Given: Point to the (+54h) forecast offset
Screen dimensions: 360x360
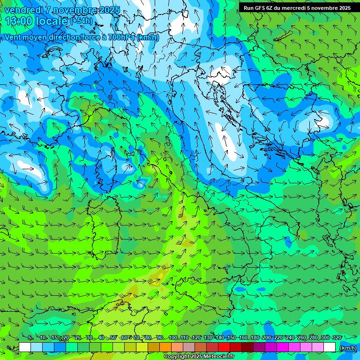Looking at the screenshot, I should pyautogui.click(x=81, y=21).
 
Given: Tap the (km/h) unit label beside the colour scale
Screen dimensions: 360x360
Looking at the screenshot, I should pyautogui.click(x=347, y=348).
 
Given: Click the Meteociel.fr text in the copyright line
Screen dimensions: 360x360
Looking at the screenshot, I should pyautogui.click(x=217, y=357).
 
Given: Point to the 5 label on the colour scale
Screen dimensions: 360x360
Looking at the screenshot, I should pyautogui.click(x=30, y=338).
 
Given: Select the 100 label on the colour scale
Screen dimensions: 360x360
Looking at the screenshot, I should pyautogui.click(x=173, y=338).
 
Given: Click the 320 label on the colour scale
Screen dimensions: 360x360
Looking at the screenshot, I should pyautogui.click(x=337, y=338).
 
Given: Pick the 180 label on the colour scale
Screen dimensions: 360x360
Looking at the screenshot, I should pyautogui.click(x=255, y=338).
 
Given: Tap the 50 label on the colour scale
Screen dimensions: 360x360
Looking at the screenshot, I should pyautogui.click(x=113, y=338).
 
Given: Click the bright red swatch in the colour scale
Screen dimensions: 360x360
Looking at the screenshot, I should pyautogui.click(x=224, y=347).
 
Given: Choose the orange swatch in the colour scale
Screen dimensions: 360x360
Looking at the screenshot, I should pyautogui.click(x=165, y=347).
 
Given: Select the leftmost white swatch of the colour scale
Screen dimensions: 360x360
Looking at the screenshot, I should pyautogui.click(x=25, y=347).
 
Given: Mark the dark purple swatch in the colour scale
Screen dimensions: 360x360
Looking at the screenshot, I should pyautogui.click(x=259, y=347).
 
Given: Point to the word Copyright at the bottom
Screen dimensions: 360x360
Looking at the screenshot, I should pyautogui.click(x=176, y=357).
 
